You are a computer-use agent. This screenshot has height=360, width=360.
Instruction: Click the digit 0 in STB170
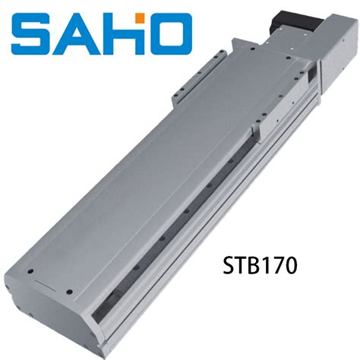289,266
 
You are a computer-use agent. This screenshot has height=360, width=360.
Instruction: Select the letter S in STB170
229,266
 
